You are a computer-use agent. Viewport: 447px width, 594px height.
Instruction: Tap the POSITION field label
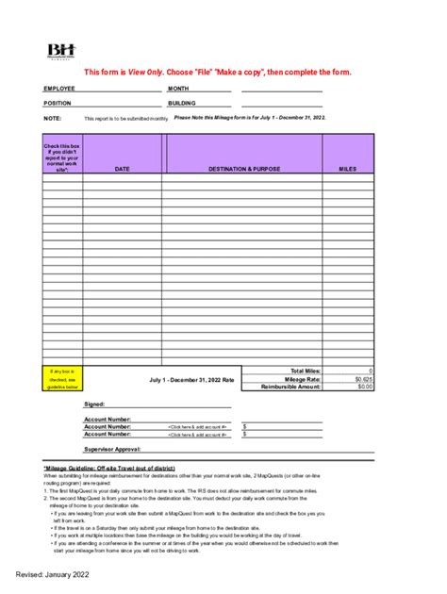[58, 103]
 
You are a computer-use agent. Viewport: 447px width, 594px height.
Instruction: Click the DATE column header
[122, 170]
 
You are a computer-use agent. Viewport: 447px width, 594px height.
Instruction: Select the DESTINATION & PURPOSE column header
[242, 170]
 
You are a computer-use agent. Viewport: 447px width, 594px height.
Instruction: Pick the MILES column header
[348, 170]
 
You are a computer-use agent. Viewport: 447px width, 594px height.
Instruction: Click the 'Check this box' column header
[62, 157]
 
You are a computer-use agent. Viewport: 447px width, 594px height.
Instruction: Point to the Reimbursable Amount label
[291, 387]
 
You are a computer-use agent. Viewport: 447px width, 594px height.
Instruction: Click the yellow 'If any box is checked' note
[62, 379]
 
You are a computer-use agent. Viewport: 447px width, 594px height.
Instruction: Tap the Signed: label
[95, 404]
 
